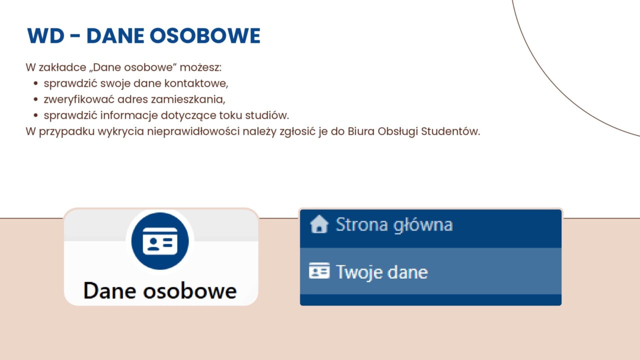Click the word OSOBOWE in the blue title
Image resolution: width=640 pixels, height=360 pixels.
tap(204, 35)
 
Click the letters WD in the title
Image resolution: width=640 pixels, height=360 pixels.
tap(45, 35)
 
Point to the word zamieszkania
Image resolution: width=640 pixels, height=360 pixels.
tap(188, 99)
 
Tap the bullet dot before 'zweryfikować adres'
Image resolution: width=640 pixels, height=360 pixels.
tap(35, 99)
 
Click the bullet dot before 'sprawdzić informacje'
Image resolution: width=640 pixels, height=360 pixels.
tap(35, 115)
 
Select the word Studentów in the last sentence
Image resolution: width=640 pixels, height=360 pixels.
tap(450, 131)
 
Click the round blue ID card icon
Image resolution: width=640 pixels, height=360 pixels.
tap(160, 241)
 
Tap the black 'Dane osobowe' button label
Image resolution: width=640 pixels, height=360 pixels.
tap(160, 290)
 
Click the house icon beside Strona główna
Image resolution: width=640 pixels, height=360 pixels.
tap(319, 224)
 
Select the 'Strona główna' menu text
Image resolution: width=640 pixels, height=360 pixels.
tap(394, 225)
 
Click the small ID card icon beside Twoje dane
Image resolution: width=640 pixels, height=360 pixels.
tap(319, 270)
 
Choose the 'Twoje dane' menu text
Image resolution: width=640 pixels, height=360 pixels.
tap(382, 272)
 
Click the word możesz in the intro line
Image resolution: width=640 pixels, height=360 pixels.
tap(200, 67)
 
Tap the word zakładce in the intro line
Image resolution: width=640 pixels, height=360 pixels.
tap(62, 67)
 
